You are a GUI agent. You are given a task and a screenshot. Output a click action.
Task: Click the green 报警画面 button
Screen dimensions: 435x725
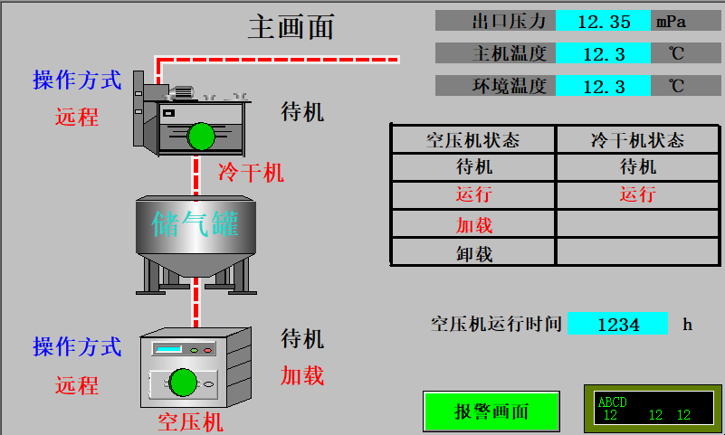click(x=491, y=411)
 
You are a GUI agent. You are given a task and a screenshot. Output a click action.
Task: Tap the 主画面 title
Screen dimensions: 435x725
click(x=291, y=27)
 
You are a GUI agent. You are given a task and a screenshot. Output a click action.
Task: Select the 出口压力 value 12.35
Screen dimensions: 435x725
click(x=603, y=21)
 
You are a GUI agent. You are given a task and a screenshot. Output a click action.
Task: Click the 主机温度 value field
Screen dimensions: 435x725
click(x=603, y=53)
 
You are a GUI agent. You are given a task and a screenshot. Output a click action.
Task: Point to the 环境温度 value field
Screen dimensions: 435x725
click(x=603, y=86)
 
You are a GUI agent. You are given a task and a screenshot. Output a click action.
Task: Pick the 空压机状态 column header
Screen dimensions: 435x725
click(x=472, y=139)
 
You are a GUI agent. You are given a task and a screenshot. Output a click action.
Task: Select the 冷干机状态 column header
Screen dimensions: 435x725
click(x=637, y=139)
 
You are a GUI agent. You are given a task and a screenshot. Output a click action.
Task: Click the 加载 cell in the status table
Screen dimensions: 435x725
click(x=473, y=225)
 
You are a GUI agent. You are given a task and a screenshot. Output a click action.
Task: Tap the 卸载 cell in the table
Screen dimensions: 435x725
click(x=473, y=253)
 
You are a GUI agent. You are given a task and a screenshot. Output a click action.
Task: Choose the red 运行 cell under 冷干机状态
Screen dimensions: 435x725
click(x=637, y=194)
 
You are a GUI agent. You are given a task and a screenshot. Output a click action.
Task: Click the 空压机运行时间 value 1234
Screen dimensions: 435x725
click(x=617, y=324)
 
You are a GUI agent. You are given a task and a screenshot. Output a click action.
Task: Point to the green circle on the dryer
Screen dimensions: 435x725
click(x=201, y=137)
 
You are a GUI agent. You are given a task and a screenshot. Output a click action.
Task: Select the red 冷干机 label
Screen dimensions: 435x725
click(x=251, y=172)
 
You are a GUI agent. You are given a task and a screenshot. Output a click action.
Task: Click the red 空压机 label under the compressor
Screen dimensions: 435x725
click(x=190, y=421)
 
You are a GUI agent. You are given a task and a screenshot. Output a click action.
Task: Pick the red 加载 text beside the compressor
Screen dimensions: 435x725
click(x=301, y=375)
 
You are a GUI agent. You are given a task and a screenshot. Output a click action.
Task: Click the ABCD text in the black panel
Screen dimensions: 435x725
click(x=613, y=402)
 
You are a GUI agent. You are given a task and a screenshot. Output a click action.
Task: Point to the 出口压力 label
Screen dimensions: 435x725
click(x=510, y=21)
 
